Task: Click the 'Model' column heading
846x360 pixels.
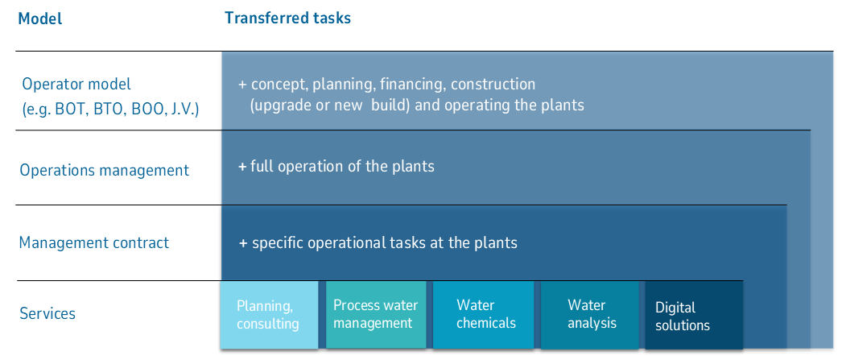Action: click(39, 19)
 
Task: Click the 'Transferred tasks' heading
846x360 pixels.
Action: click(287, 18)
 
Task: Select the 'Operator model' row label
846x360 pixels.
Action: click(76, 84)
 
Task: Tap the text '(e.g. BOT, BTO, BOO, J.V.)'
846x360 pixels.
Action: click(111, 108)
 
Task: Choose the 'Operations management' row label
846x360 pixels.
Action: click(104, 170)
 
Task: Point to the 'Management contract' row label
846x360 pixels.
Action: click(94, 242)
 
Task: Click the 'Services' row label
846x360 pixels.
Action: click(47, 313)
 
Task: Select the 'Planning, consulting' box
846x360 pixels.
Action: click(269, 315)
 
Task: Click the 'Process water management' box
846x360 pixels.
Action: click(375, 314)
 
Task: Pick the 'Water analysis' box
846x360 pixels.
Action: click(591, 314)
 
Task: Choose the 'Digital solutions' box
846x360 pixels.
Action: click(692, 317)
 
